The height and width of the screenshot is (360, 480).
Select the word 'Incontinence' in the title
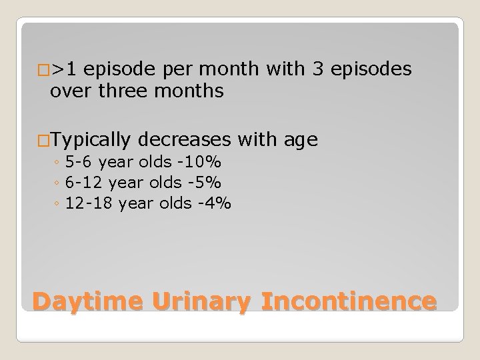(349, 302)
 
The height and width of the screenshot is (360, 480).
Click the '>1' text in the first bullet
(66, 69)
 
